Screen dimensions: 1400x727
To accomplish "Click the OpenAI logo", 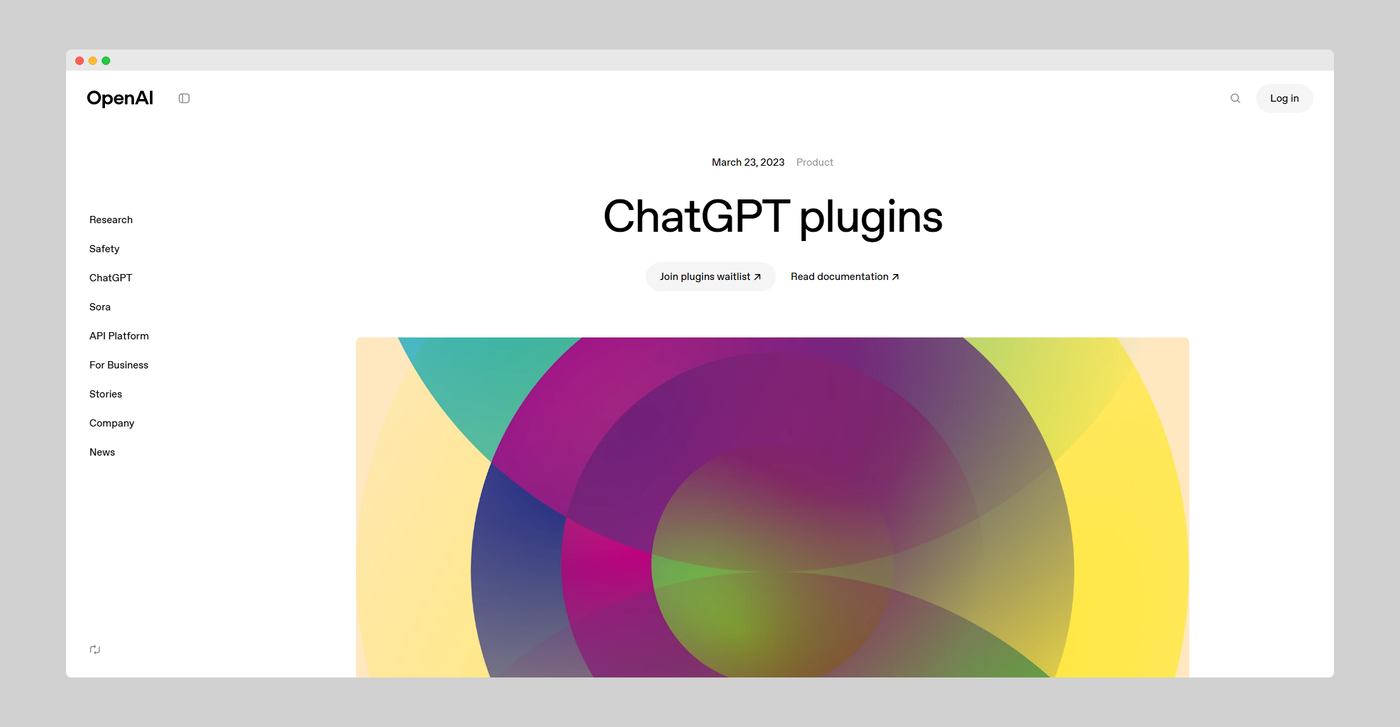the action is click(120, 98).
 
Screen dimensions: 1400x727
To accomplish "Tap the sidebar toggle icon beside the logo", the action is click(184, 98).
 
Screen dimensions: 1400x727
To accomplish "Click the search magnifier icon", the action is click(1235, 98).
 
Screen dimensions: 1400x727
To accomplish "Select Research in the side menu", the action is click(111, 220).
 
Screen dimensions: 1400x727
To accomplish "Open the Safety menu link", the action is click(104, 249).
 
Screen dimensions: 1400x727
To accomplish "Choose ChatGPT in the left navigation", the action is click(111, 278).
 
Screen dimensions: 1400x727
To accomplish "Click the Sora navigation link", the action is click(100, 307).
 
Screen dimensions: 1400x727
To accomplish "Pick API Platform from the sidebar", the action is click(119, 336).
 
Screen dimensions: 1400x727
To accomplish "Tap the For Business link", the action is click(119, 365).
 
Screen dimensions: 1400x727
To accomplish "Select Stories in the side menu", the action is click(106, 394).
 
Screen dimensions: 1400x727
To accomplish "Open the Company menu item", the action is click(112, 423).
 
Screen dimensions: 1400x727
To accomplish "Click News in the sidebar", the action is click(102, 452).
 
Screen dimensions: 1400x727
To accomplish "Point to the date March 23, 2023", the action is click(748, 162).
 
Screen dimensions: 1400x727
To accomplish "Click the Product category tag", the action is click(815, 162).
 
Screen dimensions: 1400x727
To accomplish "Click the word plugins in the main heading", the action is click(871, 218).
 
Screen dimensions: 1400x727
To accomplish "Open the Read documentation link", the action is click(845, 277).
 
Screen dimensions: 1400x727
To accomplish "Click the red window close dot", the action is click(79, 61).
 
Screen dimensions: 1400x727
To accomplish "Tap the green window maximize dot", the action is click(106, 61).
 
